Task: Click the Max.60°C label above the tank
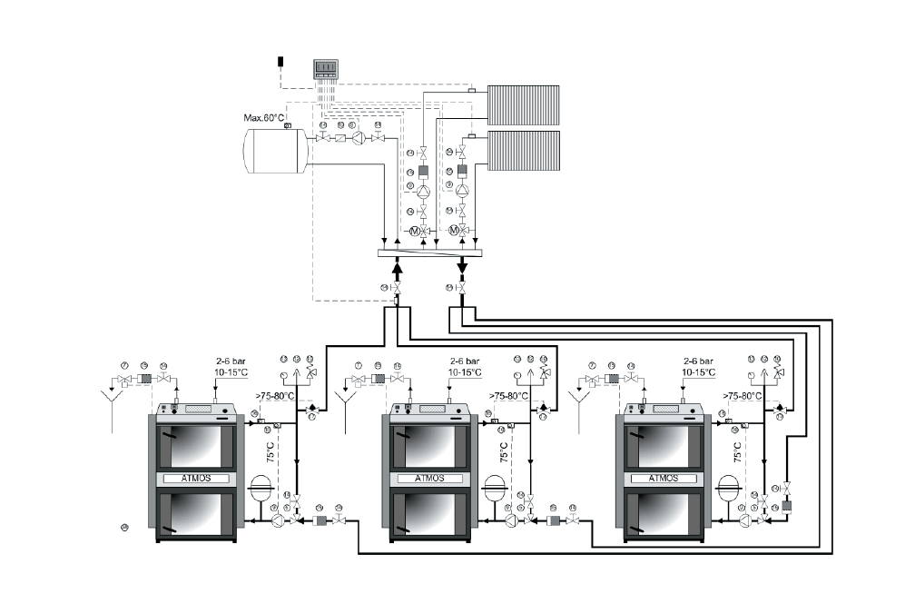(264, 117)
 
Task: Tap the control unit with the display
(325, 69)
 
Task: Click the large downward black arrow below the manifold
(461, 267)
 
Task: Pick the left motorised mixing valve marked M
(415, 232)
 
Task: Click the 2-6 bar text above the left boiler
(231, 361)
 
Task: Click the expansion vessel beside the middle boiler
(496, 486)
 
